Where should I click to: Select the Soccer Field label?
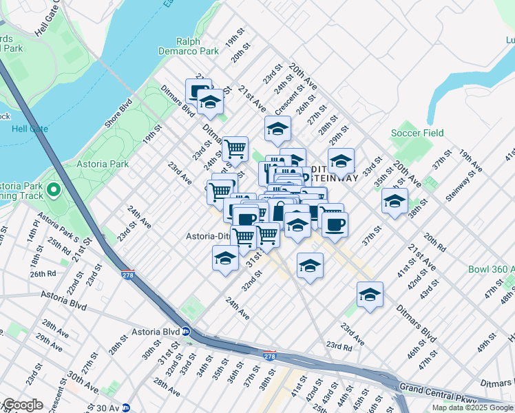[417, 133]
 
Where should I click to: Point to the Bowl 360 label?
[492, 268]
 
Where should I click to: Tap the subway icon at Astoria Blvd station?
[186, 331]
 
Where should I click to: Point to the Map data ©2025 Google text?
[472, 407]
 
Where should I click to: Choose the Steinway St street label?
[461, 188]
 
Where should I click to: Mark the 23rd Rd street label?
[339, 346]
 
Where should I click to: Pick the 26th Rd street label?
[43, 273]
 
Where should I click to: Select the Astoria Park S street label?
[58, 228]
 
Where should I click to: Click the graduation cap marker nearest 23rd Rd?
[370, 294]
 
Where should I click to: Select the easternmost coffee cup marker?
[335, 224]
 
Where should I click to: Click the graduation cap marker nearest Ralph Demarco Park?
[210, 103]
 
